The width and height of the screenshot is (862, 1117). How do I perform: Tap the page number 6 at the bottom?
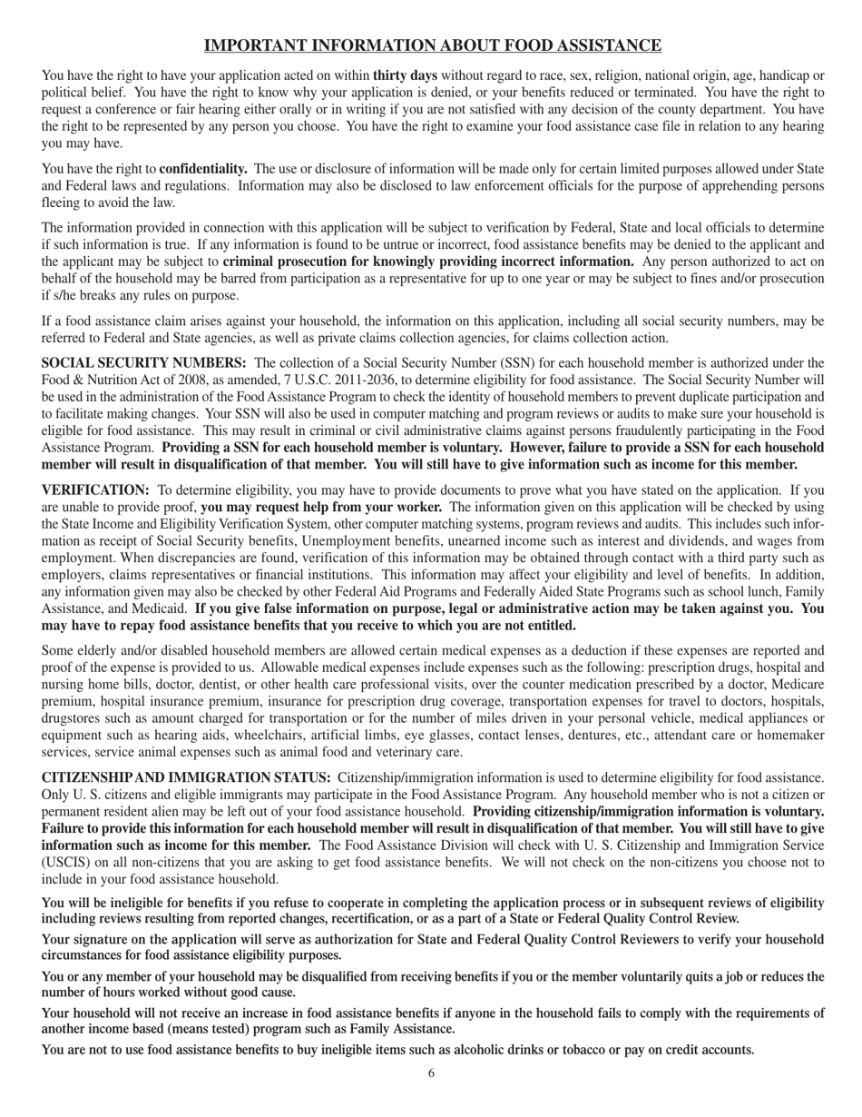pos(431,1073)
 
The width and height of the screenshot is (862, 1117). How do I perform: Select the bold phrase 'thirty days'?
pos(405,75)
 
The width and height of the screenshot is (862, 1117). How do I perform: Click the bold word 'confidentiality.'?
pos(203,169)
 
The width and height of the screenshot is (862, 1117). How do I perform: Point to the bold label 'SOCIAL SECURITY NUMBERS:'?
pos(144,362)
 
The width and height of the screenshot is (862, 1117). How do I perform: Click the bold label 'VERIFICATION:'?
pos(95,489)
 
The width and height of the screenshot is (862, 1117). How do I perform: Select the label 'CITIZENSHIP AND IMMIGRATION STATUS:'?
pos(186,777)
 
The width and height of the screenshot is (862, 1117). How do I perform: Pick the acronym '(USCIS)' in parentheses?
pos(65,862)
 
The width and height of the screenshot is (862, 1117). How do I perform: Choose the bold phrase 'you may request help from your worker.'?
pos(321,507)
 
